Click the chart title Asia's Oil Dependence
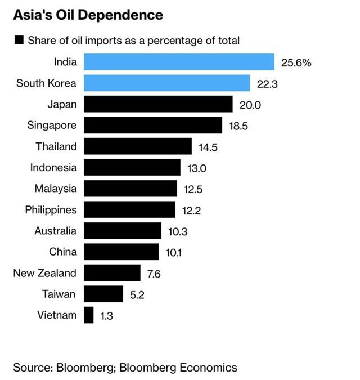point(88,15)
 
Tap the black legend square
point(19,40)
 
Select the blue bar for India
point(179,62)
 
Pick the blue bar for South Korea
point(167,83)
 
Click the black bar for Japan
point(158,104)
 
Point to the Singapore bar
point(153,125)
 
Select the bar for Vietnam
point(89,315)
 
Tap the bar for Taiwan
point(103,294)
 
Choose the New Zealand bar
point(112,273)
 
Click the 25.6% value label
point(296,63)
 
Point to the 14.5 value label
point(208,147)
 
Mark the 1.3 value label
point(106,316)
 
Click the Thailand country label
point(56,146)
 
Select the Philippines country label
point(51,210)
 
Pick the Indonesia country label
point(53,167)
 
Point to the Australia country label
point(55,231)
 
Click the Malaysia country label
point(55,189)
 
